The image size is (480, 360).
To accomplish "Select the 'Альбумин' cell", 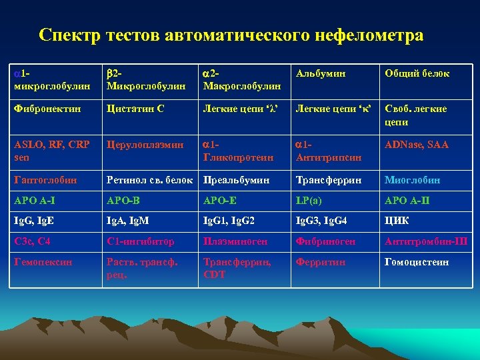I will click(321, 73).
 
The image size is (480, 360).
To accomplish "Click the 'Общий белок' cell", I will click(417, 73).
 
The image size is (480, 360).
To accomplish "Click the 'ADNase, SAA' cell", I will click(417, 145).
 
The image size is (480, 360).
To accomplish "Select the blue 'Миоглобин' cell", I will click(412, 180).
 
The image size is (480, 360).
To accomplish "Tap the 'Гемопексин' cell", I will click(41, 262).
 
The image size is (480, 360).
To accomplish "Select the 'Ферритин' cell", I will click(321, 262).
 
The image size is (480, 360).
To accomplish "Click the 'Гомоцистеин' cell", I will click(417, 262).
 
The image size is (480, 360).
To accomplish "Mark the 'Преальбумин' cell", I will click(237, 180).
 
